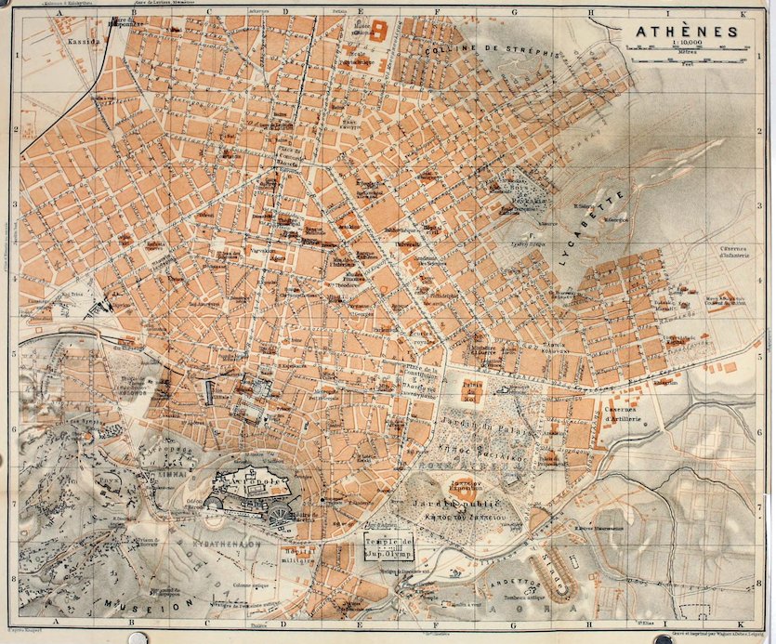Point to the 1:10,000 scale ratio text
(x=686, y=45)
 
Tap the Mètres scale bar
(x=686, y=59)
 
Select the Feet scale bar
(x=686, y=69)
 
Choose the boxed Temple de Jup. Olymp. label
(x=388, y=551)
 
